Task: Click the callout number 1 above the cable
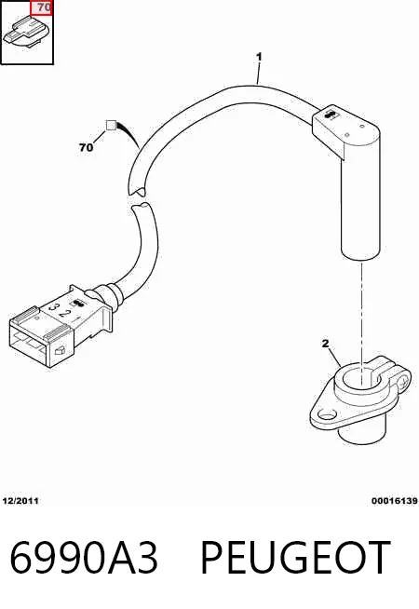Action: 259,57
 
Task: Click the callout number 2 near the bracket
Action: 325,344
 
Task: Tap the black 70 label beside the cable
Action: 87,147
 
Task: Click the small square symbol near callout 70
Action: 111,126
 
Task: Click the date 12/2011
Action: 20,501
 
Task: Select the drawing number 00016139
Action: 395,501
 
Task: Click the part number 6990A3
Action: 84,558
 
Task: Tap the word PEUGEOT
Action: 295,558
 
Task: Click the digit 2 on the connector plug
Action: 66,314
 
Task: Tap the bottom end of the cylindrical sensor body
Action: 361,256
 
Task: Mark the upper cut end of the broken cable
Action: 136,191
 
